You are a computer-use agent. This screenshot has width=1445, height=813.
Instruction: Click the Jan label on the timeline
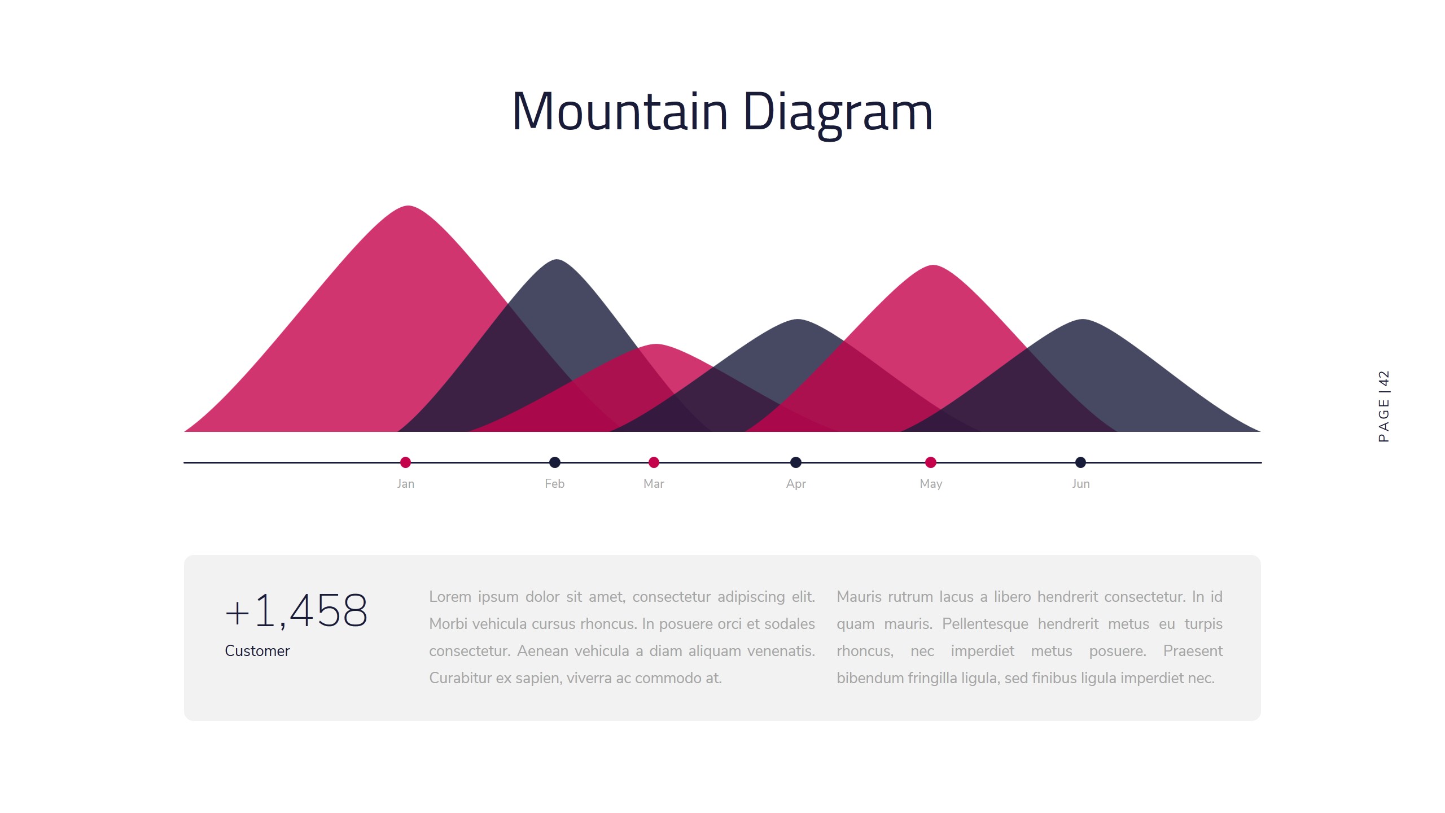[405, 484]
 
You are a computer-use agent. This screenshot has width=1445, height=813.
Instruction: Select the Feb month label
[554, 484]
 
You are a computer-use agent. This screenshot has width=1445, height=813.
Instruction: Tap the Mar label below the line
[654, 484]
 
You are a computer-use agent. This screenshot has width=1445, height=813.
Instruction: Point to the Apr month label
[796, 484]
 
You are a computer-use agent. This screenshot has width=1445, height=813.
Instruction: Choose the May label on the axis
[931, 484]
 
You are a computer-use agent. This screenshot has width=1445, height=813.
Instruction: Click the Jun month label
[1081, 484]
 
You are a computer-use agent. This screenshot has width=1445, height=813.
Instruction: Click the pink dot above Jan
[405, 462]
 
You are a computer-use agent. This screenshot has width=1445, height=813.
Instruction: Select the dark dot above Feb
[555, 462]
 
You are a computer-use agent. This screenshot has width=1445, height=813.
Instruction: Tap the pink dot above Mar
[654, 462]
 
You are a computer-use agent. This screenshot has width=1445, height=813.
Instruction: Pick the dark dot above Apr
[796, 462]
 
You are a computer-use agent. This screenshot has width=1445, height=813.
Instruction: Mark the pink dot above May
[931, 462]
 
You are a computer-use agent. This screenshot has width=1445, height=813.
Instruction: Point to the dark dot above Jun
[1080, 462]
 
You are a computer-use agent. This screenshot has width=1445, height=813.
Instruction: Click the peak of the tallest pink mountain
[408, 208]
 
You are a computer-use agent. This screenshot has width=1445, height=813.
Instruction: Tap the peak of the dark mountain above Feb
[557, 262]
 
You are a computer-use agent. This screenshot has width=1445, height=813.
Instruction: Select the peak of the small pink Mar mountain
[656, 347]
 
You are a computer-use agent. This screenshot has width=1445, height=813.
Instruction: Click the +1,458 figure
[296, 611]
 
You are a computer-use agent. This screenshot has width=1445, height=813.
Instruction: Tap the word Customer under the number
[257, 651]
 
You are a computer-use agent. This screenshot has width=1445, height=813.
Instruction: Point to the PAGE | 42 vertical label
[1383, 406]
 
